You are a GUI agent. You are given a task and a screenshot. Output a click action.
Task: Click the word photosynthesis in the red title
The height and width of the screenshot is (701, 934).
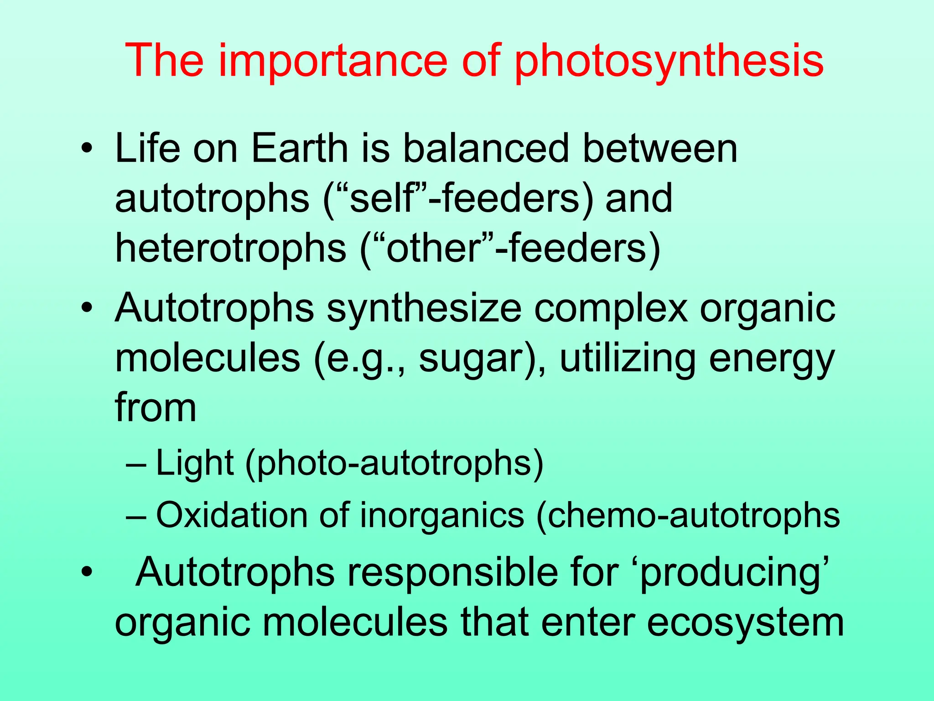669,61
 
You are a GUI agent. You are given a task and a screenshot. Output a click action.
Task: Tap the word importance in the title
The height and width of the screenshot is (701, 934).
333,61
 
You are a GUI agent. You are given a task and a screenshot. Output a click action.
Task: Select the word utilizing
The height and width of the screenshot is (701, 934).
627,359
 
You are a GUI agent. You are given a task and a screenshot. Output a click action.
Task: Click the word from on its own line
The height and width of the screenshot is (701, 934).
156,407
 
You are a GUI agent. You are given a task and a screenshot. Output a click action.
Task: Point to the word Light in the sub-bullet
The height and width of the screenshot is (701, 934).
195,463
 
